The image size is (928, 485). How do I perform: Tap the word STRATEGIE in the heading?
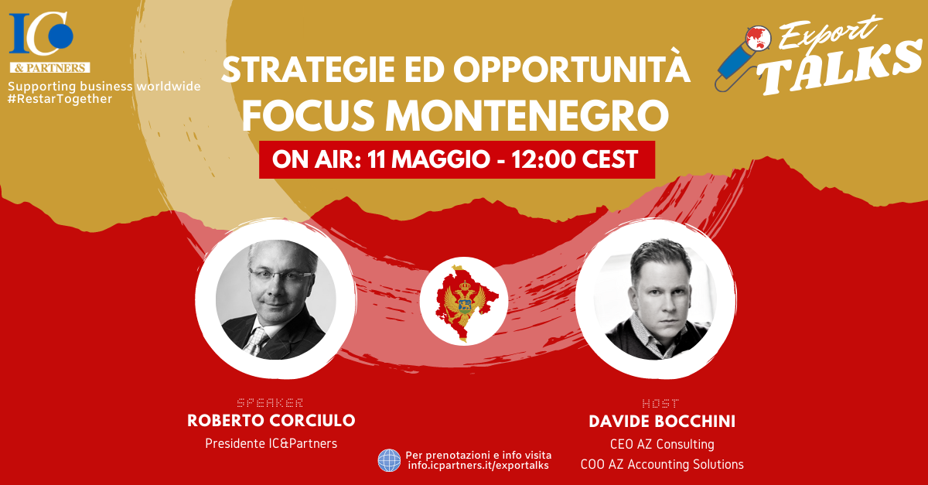309,70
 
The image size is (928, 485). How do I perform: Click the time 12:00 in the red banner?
543,159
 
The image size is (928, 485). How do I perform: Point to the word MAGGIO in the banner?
441,159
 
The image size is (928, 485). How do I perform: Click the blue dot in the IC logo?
61,36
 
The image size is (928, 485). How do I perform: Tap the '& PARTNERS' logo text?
50,67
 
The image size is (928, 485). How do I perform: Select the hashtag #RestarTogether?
60,99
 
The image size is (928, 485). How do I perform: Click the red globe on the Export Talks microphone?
758,38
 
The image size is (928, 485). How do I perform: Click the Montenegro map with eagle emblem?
465,302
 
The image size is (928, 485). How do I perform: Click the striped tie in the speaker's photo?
257,341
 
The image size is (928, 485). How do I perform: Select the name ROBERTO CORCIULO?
271,420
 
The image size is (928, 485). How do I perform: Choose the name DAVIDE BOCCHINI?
662,421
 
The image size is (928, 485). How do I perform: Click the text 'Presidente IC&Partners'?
271,443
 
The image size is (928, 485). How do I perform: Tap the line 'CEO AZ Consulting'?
662,444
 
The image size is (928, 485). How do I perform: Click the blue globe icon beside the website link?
390,460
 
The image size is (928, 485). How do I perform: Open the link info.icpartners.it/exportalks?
479,466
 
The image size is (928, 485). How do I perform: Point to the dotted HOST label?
660,403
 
